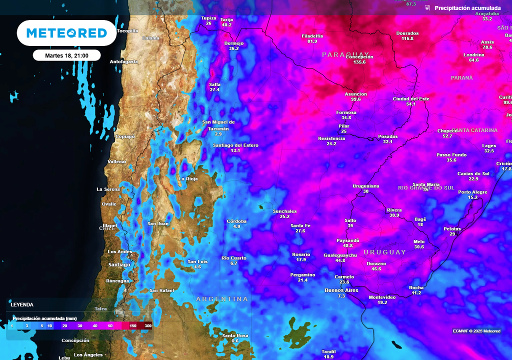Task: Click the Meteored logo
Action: (x=66, y=33)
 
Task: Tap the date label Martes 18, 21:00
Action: (x=66, y=55)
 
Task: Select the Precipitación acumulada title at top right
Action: (x=467, y=8)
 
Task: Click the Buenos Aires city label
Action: (x=341, y=290)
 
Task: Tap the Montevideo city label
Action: (x=382, y=297)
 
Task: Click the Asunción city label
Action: (x=356, y=94)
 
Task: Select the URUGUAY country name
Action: (x=384, y=252)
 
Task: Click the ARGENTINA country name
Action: (x=222, y=299)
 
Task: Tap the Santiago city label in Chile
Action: (x=119, y=264)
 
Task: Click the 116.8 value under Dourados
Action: (x=407, y=38)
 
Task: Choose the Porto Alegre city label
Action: (x=472, y=192)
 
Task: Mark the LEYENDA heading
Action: (x=22, y=304)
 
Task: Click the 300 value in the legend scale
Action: (x=148, y=326)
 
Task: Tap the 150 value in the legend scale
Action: (x=133, y=326)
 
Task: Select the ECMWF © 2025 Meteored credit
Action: (x=476, y=331)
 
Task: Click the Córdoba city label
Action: (x=236, y=221)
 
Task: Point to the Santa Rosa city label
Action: (x=235, y=335)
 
